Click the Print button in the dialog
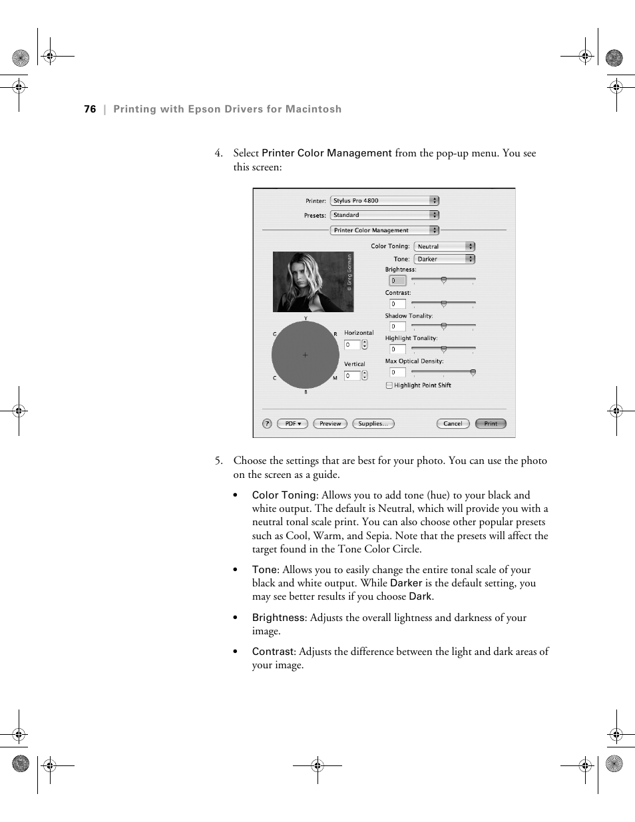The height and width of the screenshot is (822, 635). tap(491, 423)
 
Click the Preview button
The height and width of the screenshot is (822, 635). tap(330, 423)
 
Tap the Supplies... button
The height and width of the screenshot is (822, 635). tap(373, 423)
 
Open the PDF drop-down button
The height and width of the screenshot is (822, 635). tap(292, 423)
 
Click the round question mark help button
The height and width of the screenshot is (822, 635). tap(267, 423)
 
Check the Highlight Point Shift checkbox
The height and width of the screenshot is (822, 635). tap(389, 385)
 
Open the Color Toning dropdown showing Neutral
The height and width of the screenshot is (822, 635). tap(444, 246)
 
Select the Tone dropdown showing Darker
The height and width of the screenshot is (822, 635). tap(444, 259)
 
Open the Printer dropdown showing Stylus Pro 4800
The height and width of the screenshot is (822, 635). tap(385, 200)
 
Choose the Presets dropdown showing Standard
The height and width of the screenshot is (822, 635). tap(385, 215)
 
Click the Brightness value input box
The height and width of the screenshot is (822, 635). tap(397, 281)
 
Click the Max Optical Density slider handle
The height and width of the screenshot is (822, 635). tap(473, 373)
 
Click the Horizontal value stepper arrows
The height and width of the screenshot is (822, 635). tap(365, 345)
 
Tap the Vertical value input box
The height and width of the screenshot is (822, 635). tap(351, 376)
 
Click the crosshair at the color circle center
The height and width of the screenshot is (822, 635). tap(306, 355)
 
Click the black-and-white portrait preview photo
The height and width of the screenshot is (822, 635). tap(313, 282)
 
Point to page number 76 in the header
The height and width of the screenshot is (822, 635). tap(90, 109)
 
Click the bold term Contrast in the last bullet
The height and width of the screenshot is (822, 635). tap(273, 652)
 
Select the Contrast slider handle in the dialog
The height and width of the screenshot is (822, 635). tap(443, 304)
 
